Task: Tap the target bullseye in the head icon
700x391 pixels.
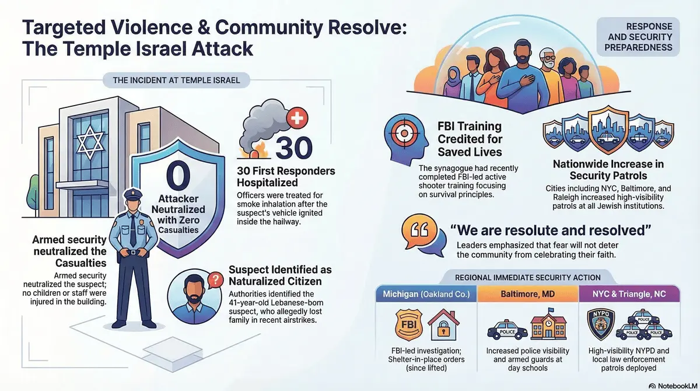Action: (x=402, y=132)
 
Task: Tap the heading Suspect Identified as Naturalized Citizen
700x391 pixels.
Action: (x=280, y=276)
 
